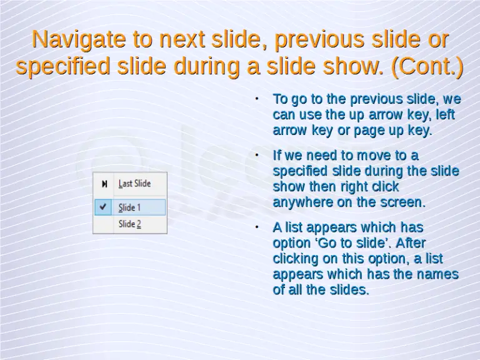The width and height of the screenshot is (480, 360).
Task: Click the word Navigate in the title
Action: tap(78, 40)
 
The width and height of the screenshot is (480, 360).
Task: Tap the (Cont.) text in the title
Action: tap(427, 67)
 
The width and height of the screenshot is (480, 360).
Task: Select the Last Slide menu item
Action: tap(134, 184)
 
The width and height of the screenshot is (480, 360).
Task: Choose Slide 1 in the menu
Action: tap(129, 207)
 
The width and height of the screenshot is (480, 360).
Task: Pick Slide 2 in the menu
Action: tap(129, 224)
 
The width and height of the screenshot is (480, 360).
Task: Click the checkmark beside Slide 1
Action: tap(103, 207)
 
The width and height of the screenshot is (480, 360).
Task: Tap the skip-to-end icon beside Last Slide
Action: tap(104, 184)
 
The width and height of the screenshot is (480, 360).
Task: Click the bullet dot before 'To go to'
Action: tap(257, 99)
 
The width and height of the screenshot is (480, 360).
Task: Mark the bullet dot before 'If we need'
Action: tap(257, 154)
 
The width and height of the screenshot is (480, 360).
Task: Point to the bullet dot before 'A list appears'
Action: tap(257, 227)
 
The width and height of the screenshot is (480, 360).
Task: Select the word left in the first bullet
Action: tap(445, 115)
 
